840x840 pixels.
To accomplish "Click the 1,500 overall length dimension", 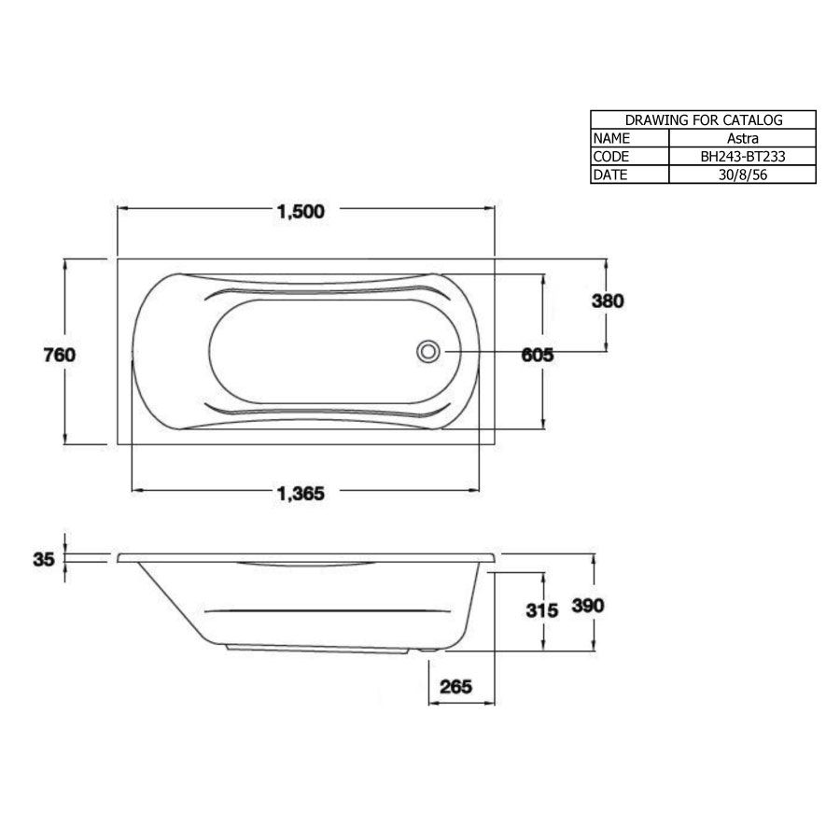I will tap(301, 212).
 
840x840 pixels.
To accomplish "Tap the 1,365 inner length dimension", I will tap(301, 494).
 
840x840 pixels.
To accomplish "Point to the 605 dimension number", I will tap(537, 355).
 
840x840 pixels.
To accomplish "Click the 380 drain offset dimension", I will tap(607, 301).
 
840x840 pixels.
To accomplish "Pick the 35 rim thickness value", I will tap(42, 559).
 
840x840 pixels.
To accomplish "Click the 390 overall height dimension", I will tap(589, 606).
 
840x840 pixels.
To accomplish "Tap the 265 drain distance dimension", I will tap(455, 686).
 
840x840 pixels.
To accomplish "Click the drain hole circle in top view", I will tap(428, 352).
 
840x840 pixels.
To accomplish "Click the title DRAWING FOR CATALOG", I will tap(703, 119).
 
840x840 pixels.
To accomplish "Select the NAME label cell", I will tap(611, 138).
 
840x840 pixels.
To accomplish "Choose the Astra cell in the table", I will tap(742, 138).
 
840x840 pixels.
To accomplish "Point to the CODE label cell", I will tap(611, 157).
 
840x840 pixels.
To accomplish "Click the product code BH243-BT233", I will tap(742, 157).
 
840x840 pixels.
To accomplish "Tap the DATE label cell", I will tap(611, 175).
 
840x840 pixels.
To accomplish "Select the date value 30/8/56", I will tap(742, 175).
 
